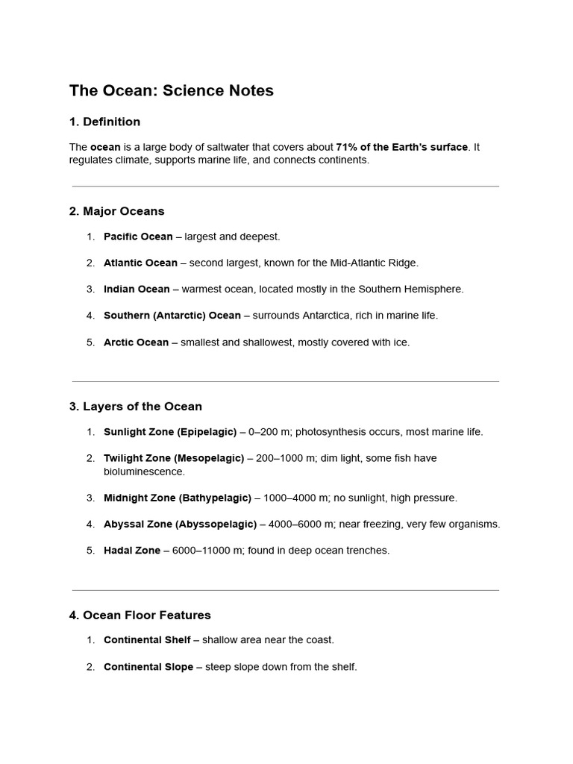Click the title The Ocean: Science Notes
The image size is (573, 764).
[x=172, y=91]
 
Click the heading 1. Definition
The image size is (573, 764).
[x=104, y=122]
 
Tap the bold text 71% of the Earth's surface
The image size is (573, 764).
[x=402, y=147]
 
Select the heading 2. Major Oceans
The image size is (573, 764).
[x=116, y=211]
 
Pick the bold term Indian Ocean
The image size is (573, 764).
[x=137, y=289]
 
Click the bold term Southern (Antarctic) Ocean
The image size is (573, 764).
[x=172, y=316]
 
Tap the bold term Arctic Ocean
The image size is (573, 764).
[x=136, y=342]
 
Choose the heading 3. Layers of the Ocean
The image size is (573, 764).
[x=136, y=407]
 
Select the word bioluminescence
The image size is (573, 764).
[x=144, y=472]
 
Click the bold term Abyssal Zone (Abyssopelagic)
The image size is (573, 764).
[x=180, y=525]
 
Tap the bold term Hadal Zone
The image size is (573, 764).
[x=132, y=551]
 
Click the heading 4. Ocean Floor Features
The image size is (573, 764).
[x=140, y=616]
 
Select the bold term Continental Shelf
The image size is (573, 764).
[x=147, y=640]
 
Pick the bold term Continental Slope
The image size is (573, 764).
[x=148, y=667]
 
